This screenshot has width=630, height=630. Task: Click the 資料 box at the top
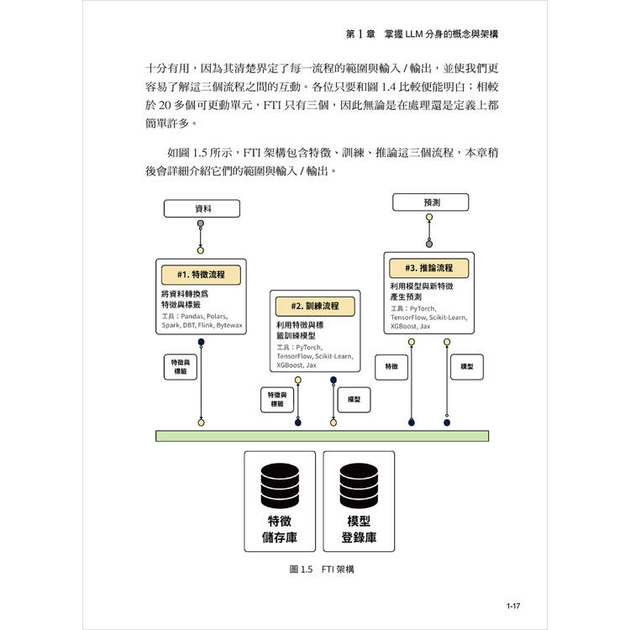202,207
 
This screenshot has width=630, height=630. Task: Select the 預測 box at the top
431,202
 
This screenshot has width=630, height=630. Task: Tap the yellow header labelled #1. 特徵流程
201,275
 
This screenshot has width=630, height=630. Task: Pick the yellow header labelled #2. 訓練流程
314,306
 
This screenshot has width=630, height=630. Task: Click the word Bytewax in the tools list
228,324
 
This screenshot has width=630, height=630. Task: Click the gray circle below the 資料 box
201,224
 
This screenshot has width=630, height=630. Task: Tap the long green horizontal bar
322,435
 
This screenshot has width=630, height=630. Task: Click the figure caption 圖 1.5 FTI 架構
322,569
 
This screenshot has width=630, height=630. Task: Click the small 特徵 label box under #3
391,367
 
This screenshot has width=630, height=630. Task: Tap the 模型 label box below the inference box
468,367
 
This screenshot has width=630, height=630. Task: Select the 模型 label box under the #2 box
354,400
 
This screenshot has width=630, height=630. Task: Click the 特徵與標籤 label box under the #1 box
180,366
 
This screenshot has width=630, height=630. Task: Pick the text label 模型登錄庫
360,529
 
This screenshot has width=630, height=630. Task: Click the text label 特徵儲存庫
280,529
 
